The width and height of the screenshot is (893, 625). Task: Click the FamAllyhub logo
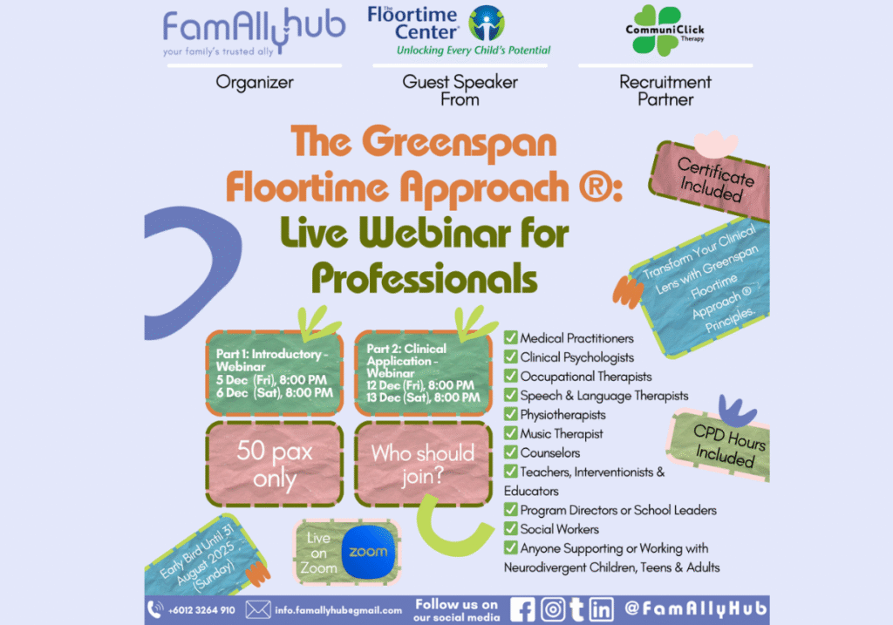point(254,32)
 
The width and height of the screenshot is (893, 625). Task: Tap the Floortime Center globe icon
point(487,24)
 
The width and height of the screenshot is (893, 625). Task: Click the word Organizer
point(255,83)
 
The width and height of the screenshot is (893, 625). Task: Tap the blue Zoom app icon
point(368,552)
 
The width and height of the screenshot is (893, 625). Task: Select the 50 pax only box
point(275,464)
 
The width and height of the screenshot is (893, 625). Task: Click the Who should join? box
point(423,464)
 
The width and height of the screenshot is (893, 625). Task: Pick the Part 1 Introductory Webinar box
point(275,373)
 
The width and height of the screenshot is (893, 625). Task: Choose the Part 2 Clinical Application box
point(423,373)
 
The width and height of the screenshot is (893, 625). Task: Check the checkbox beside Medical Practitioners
point(511,337)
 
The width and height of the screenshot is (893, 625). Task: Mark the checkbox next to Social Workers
point(511,528)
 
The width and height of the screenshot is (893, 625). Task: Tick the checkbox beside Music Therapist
point(511,432)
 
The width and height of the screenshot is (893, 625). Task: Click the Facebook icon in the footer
point(522,609)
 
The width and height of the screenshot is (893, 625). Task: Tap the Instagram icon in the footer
point(552,609)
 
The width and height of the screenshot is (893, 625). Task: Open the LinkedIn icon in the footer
point(601,609)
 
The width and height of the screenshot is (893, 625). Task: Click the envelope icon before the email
point(258,609)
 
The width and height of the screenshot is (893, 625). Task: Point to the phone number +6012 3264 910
point(201,610)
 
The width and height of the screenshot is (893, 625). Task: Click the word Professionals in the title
point(425,279)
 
